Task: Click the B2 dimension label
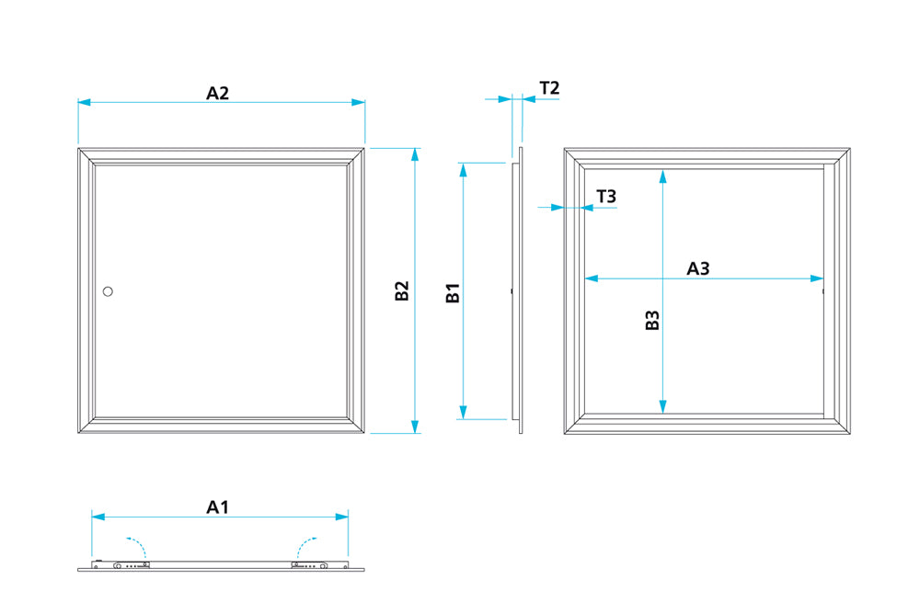(402, 290)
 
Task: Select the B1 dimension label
(453, 294)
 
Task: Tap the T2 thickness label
(549, 88)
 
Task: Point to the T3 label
(606, 196)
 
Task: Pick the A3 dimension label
(699, 268)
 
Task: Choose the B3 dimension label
(652, 321)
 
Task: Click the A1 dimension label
(218, 506)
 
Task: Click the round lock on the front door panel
(108, 291)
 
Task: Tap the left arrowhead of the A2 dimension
(84, 102)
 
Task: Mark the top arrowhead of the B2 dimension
(415, 153)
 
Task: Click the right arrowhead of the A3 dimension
(817, 279)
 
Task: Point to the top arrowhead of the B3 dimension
(662, 176)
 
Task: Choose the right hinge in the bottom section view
(309, 565)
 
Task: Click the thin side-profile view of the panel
(520, 290)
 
